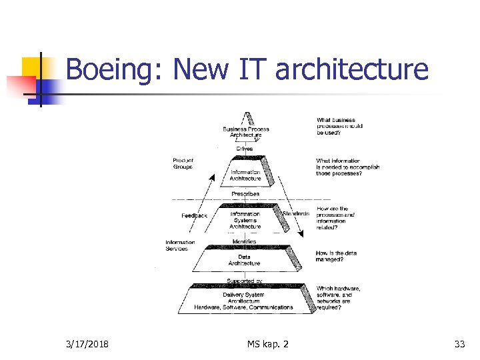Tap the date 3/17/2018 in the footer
coord(88,344)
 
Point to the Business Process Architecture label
coord(246,131)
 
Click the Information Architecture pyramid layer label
coord(245,175)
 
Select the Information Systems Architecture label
coord(245,220)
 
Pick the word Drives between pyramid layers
coord(246,148)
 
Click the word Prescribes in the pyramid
coord(245,194)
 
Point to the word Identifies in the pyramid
coord(245,241)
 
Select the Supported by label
coord(244,281)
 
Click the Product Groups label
coord(183,163)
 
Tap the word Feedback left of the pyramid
coord(195,215)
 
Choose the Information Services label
coord(180,245)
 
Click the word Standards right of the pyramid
coord(296,213)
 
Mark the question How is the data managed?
coord(338,256)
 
